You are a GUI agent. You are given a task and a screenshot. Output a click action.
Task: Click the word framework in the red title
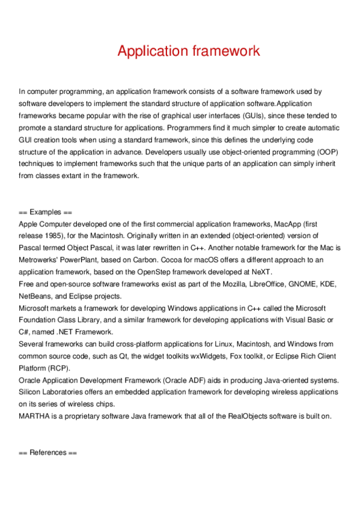pyautogui.click(x=226, y=51)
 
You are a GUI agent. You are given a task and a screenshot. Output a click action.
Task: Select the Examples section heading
pyautogui.click(x=45, y=212)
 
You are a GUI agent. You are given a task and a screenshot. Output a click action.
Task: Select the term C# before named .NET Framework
pyautogui.click(x=24, y=331)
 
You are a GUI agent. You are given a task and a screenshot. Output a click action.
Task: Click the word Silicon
pyautogui.click(x=32, y=391)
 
